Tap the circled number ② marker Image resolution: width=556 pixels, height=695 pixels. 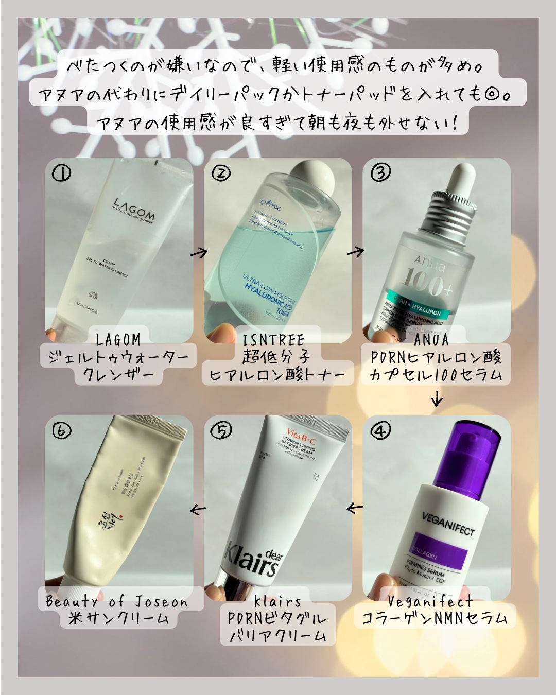point(221,174)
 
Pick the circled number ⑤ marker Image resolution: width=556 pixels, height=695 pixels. point(221,430)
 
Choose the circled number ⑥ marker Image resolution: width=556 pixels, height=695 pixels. point(62,430)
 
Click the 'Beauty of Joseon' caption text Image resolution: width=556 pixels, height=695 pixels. point(117,602)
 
